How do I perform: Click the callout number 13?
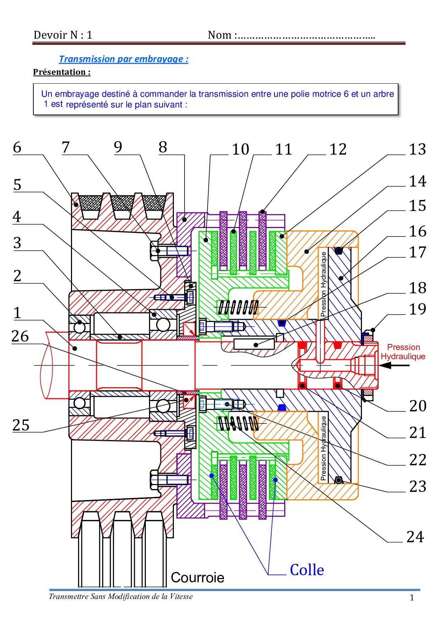coord(417,149)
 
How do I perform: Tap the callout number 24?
coord(415,537)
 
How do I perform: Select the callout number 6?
coord(17,148)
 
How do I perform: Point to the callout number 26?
coord(20,336)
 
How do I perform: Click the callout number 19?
coord(417,309)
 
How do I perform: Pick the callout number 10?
coord(241,149)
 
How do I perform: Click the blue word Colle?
coord(307,570)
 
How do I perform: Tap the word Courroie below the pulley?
coord(197,577)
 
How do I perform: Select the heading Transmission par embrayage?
coord(123,59)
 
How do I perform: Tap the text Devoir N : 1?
coord(63,35)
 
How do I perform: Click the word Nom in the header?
coord(220,35)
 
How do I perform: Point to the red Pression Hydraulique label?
coord(403,351)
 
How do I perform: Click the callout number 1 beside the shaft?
coord(17,313)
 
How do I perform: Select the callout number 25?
coord(21,425)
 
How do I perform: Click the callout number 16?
coord(417,231)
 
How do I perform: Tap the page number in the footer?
coord(412,598)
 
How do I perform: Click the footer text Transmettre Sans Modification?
coord(121,596)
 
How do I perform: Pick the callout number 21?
coord(417,433)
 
